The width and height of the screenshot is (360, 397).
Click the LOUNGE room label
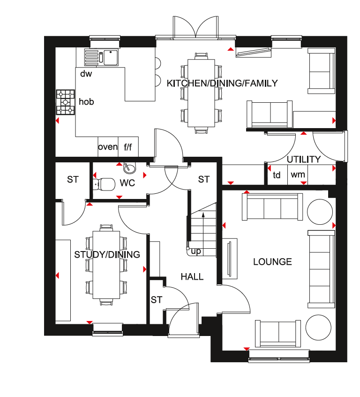[x=272, y=261]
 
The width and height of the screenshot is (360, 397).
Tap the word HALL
[x=192, y=277]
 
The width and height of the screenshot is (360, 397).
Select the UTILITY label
[x=304, y=160]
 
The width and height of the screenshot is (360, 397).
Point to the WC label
[x=127, y=183]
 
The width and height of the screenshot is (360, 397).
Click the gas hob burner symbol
[x=66, y=102]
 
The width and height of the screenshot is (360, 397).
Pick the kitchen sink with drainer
[x=101, y=57]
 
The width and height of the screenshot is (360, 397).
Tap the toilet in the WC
[x=104, y=184]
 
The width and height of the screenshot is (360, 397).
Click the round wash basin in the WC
[x=130, y=168]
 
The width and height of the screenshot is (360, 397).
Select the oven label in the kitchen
[x=108, y=147]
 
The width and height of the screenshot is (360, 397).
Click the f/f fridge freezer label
[x=128, y=147]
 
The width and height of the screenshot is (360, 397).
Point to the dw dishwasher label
[x=86, y=74]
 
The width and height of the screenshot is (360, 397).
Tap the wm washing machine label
[x=298, y=175]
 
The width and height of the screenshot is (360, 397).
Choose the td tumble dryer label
[x=277, y=175]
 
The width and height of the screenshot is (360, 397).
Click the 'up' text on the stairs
[x=196, y=252]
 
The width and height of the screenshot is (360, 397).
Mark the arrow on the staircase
[x=203, y=231]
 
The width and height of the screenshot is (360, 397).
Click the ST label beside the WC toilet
[x=73, y=180]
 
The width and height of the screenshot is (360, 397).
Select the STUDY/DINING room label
[x=107, y=254]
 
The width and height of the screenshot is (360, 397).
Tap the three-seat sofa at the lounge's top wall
[x=272, y=207]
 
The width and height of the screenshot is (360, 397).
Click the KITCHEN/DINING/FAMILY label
[x=222, y=84]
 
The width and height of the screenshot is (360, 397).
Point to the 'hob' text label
[x=86, y=101]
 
